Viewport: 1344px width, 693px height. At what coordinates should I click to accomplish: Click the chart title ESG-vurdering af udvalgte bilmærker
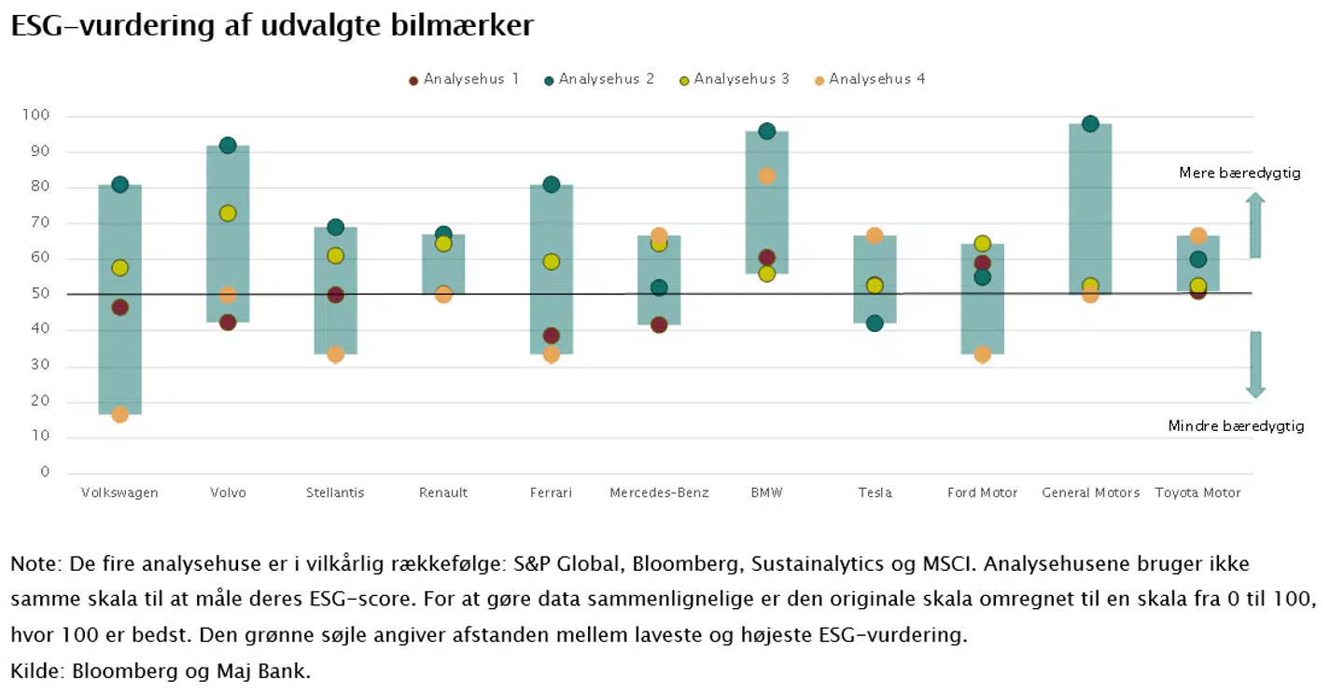pyautogui.click(x=272, y=25)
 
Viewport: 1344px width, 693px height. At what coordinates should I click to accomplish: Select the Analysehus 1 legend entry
pyautogui.click(x=464, y=79)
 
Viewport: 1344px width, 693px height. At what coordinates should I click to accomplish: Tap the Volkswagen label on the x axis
pyautogui.click(x=119, y=492)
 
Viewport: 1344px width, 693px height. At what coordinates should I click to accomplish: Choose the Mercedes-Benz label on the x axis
pyautogui.click(x=659, y=492)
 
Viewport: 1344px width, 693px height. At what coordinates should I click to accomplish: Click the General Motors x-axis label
pyautogui.click(x=1090, y=492)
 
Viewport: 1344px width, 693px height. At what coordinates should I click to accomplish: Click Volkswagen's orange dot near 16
pyautogui.click(x=119, y=414)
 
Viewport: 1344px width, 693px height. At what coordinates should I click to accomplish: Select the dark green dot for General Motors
pyautogui.click(x=1090, y=124)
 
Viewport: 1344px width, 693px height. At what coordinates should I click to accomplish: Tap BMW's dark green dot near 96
pyautogui.click(x=767, y=132)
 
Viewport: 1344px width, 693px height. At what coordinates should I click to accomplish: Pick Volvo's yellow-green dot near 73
pyautogui.click(x=228, y=214)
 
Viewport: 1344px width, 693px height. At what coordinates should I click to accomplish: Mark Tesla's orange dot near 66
pyautogui.click(x=875, y=236)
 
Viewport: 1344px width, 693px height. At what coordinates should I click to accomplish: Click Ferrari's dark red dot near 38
pyautogui.click(x=552, y=336)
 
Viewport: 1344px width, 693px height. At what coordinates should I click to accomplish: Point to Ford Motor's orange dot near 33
pyautogui.click(x=982, y=354)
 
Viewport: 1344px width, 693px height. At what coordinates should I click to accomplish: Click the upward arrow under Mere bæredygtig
pyautogui.click(x=1255, y=225)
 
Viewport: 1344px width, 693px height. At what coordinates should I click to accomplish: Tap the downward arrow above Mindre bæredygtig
pyautogui.click(x=1255, y=365)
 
